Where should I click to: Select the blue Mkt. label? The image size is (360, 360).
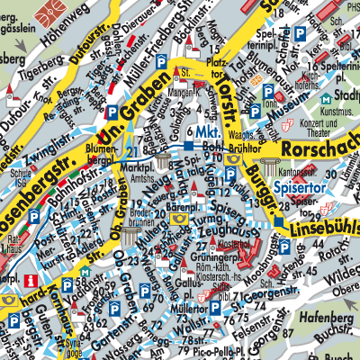(203, 132)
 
